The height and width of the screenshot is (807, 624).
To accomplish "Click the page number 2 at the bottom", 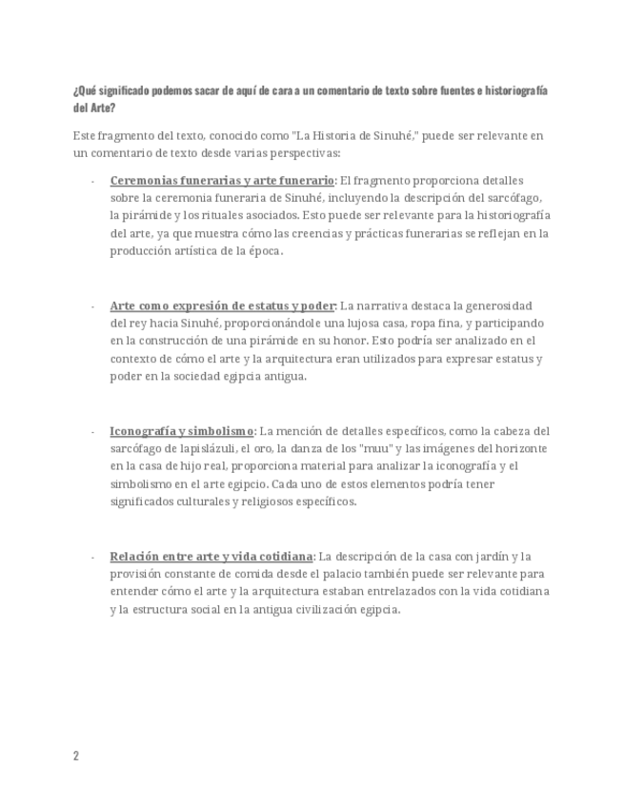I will point(75,756).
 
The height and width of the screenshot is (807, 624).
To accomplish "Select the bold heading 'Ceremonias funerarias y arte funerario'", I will point(222,180).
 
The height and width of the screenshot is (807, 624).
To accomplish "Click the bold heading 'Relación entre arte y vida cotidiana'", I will point(211,557).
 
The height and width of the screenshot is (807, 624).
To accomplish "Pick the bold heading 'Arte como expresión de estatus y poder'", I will point(223,305).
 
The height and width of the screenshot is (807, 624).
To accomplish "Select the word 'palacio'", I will point(364,574).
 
